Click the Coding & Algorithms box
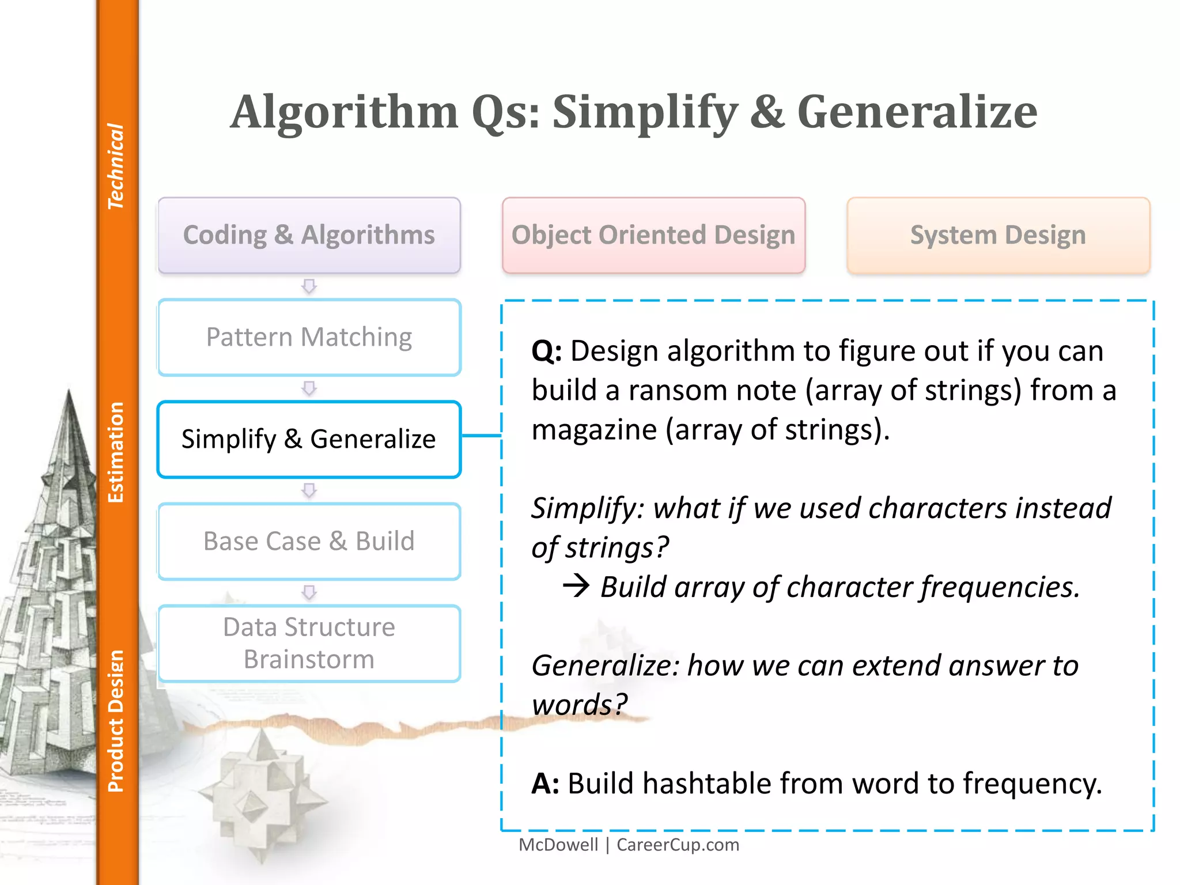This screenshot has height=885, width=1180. (309, 235)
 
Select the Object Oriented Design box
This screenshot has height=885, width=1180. (653, 235)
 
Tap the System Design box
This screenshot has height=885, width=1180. (998, 235)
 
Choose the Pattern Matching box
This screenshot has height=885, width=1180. (309, 337)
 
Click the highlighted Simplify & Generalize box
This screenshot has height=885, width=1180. (309, 439)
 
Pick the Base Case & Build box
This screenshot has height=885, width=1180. (309, 541)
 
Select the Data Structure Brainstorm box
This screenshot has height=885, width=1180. (309, 643)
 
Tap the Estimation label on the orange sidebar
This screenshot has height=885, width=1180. (116, 452)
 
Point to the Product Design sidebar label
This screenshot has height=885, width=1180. (116, 721)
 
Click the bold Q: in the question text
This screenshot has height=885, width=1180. (546, 351)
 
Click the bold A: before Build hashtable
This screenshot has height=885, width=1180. (545, 784)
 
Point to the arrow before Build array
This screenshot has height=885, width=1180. (576, 586)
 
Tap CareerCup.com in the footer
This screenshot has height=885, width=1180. (678, 845)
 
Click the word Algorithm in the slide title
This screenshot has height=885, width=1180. (344, 112)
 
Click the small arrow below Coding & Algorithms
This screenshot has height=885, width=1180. (309, 286)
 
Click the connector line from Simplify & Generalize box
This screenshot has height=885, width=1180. (481, 436)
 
